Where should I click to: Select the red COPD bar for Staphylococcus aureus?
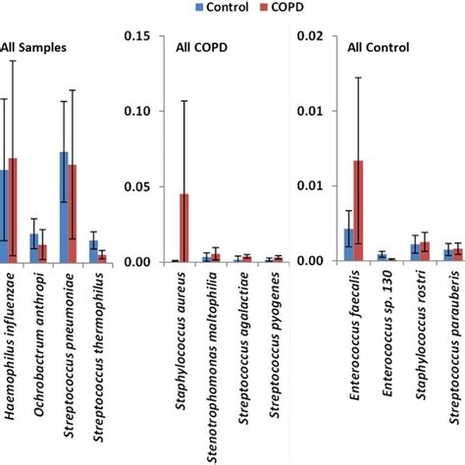[x=183, y=228]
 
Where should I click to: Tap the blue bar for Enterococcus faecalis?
[x=348, y=244]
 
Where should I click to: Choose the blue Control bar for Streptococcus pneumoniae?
[x=64, y=207]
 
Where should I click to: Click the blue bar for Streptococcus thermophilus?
[x=93, y=251]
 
